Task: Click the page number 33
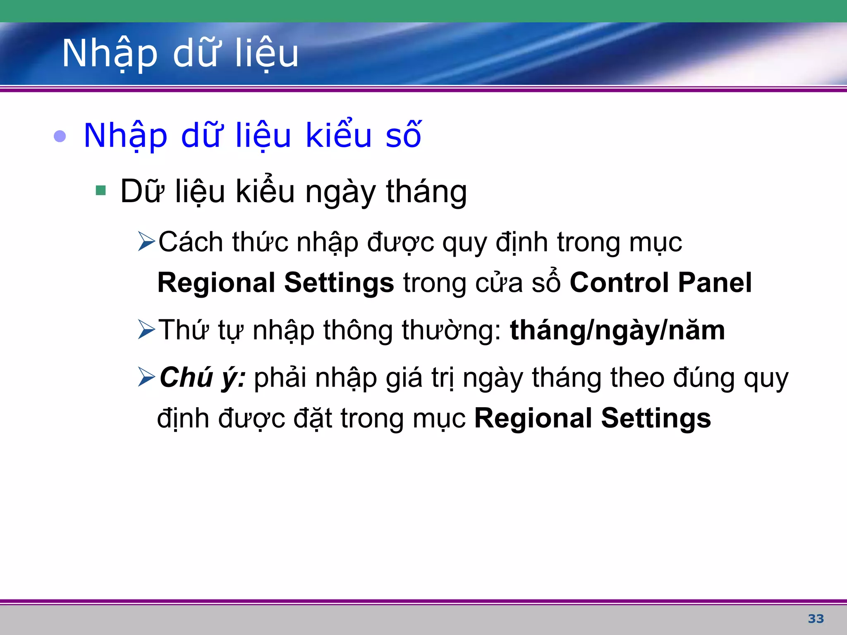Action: [x=816, y=619]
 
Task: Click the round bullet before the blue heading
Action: [x=60, y=136]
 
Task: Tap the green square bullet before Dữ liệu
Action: [x=100, y=191]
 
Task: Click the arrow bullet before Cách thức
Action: [x=146, y=241]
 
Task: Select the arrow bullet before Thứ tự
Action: [x=146, y=329]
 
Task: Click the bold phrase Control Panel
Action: [x=660, y=283]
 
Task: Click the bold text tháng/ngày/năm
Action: [x=617, y=330]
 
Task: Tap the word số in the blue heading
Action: [x=403, y=135]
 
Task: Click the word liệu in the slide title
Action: [x=266, y=53]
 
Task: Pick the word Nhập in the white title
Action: [x=110, y=53]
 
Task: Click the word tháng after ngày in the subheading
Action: [x=426, y=192]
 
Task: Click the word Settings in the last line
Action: [x=656, y=418]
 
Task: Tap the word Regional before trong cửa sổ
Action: [x=216, y=283]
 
